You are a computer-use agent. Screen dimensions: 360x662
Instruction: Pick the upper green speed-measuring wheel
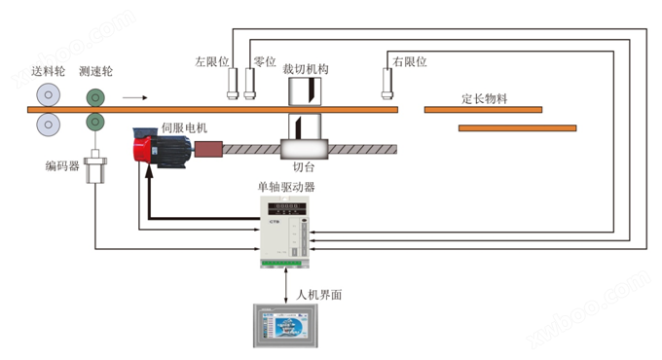coord(96,96)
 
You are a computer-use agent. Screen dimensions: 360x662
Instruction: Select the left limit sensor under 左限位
coord(230,84)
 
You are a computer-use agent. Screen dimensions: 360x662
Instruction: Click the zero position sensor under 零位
coord(251,84)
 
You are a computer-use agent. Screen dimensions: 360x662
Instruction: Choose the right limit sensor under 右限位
coord(386,85)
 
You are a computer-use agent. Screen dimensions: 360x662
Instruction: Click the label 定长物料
coord(487,98)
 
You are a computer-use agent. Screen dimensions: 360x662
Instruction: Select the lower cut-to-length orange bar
coord(516,127)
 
